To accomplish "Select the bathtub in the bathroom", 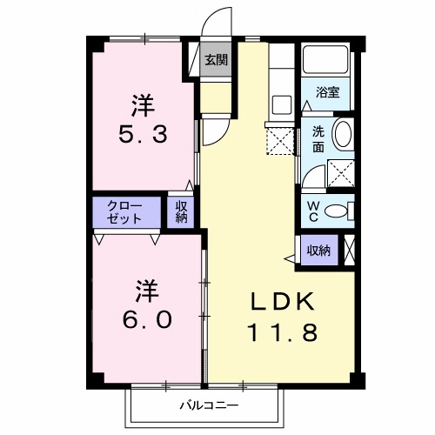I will coord(326,63).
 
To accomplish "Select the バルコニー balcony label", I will coord(209,405).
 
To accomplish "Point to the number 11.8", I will coord(281,331).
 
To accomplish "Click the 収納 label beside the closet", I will coord(182,211).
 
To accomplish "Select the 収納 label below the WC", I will coord(318,250).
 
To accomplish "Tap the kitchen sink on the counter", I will coord(282,104).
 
